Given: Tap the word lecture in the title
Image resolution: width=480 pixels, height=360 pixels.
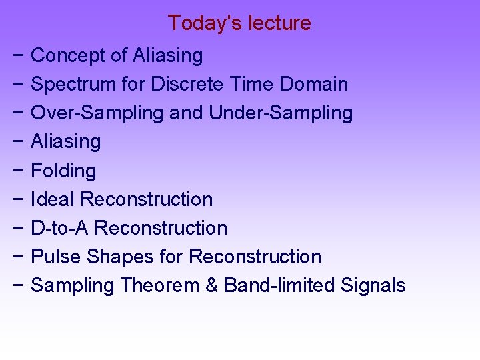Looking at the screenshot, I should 279,23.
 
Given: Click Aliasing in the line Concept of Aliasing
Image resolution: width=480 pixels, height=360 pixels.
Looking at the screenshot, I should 167,55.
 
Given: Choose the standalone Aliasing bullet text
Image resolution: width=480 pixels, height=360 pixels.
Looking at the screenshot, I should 66,141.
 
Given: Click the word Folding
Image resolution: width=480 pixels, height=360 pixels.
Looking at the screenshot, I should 63,171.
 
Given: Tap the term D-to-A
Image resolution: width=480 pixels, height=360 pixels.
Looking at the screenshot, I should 60,228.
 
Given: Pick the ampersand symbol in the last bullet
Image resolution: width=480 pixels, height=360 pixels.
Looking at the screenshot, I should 212,285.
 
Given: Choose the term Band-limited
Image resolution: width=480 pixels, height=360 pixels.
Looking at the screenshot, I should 279,285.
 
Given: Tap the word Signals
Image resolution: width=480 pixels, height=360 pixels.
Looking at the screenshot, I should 373,285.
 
